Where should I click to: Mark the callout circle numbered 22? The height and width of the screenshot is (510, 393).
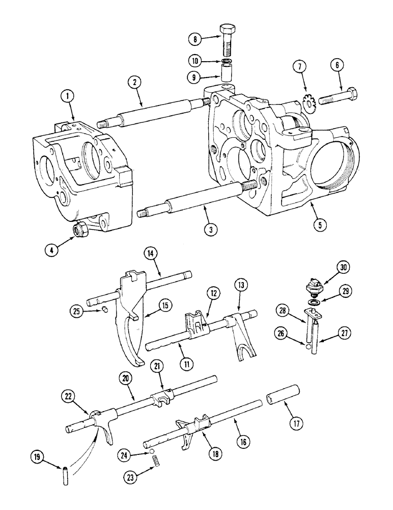pyautogui.click(x=70, y=396)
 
